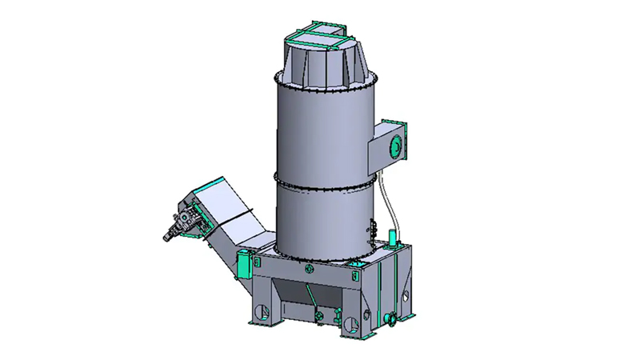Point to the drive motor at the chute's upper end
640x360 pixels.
[x=182, y=222]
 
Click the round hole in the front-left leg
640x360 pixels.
[x=258, y=310]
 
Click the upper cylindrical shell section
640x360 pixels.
[x=320, y=132]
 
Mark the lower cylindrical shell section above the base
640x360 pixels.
[x=320, y=220]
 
